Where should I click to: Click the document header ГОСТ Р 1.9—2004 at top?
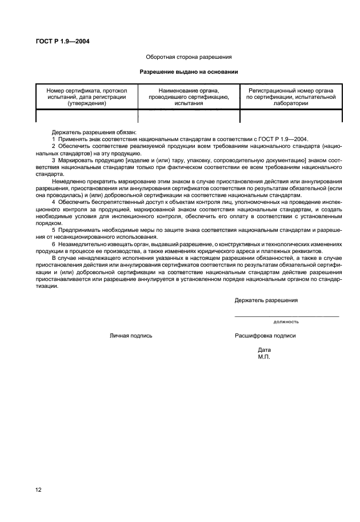click(x=63, y=41)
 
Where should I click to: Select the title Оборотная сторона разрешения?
click(x=189, y=57)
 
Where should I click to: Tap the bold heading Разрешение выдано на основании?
click(x=189, y=72)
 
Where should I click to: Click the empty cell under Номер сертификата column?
click(x=86, y=116)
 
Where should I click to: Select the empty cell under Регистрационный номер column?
click(x=291, y=116)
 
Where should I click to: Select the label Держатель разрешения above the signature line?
click(x=266, y=300)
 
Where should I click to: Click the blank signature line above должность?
click(x=286, y=316)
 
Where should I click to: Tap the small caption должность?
click(x=286, y=322)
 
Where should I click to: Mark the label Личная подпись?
click(x=131, y=336)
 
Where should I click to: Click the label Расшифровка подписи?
click(x=265, y=336)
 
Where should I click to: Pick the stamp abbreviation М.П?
click(x=263, y=356)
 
